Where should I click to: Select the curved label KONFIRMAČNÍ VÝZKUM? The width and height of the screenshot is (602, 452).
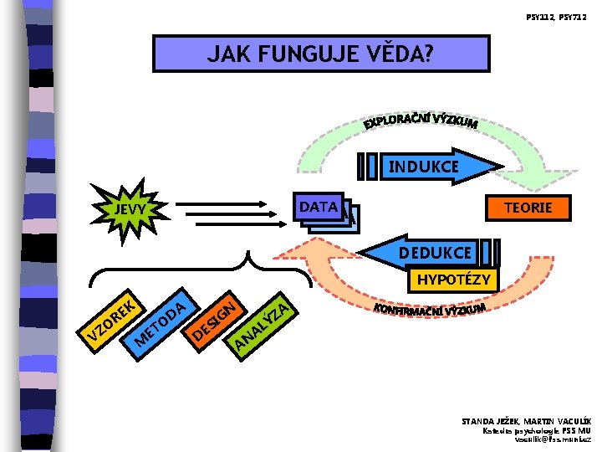pyautogui.click(x=431, y=312)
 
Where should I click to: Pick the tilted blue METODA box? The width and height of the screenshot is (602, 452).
pyautogui.click(x=160, y=321)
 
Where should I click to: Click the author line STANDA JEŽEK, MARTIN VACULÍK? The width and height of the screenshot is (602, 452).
pyautogui.click(x=526, y=421)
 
